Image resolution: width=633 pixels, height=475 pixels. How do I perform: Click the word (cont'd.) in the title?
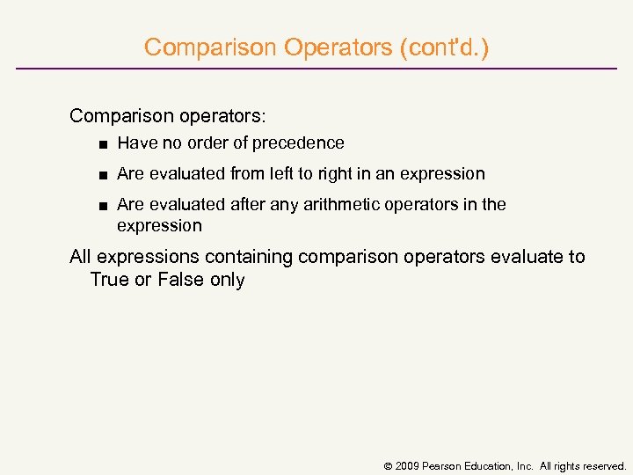pos(444,47)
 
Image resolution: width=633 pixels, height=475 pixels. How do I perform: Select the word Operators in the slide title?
pos(340,47)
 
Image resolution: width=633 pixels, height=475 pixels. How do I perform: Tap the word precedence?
pos(298,142)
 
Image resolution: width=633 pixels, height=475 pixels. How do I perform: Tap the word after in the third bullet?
pos(248,204)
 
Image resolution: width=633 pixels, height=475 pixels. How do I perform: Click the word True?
pos(109,280)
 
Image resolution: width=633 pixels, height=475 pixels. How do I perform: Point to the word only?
pos(227,280)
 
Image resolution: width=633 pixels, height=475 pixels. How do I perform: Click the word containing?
pos(250,257)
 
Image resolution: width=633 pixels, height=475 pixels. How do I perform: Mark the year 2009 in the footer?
pos(406,465)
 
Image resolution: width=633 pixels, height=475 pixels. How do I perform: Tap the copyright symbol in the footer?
pos(388,465)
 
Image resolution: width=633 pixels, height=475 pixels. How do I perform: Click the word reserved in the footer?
pos(602,465)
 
